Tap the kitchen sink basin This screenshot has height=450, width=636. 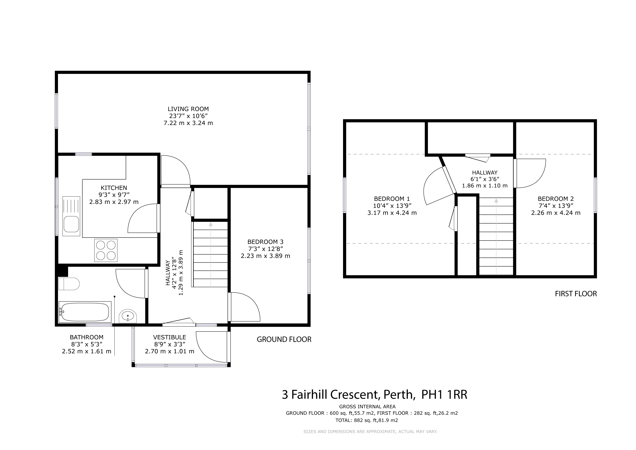pyautogui.click(x=71, y=224)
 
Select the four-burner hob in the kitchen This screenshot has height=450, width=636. pyautogui.click(x=106, y=250)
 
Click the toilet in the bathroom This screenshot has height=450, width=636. pyautogui.click(x=69, y=284)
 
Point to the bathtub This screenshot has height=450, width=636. pyautogui.click(x=85, y=312)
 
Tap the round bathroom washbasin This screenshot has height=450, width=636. pyautogui.click(x=128, y=316)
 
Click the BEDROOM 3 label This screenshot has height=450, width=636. pyautogui.click(x=265, y=242)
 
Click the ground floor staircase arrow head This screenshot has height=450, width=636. pyautogui.click(x=211, y=224)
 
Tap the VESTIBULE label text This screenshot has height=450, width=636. pyautogui.click(x=170, y=337)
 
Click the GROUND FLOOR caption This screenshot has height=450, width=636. pyautogui.click(x=284, y=339)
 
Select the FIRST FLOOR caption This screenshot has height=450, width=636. pyautogui.click(x=576, y=294)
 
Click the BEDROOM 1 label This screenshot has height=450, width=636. pyautogui.click(x=392, y=199)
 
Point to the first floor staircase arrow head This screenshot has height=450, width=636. pyautogui.click(x=496, y=200)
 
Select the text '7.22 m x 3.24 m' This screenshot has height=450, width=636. pyautogui.click(x=188, y=123)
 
